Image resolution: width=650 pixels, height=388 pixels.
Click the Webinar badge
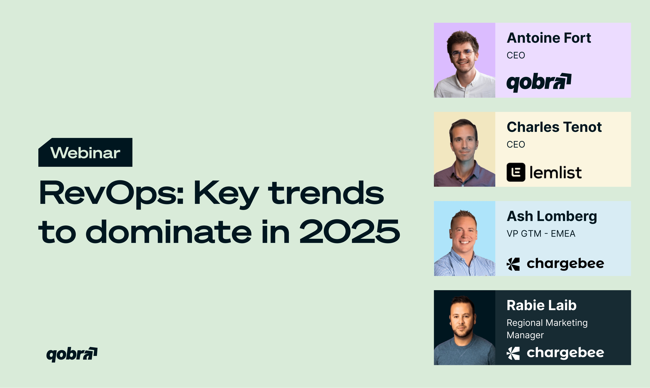pyautogui.click(x=85, y=152)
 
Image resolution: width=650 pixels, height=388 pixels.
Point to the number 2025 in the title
pyautogui.click(x=350, y=231)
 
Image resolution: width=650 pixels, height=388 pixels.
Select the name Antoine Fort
pyautogui.click(x=549, y=38)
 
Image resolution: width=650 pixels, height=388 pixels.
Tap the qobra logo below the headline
pyautogui.click(x=72, y=355)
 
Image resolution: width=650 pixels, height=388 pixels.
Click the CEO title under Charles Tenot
pyautogui.click(x=516, y=144)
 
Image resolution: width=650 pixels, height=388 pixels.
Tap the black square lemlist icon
pyautogui.click(x=516, y=172)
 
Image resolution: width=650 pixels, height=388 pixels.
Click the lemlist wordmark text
pyautogui.click(x=556, y=173)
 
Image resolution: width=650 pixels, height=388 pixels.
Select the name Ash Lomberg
pyautogui.click(x=552, y=216)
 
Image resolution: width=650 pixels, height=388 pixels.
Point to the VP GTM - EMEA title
pyautogui.click(x=541, y=234)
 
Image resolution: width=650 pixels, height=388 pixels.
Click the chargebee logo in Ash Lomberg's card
pyautogui.click(x=555, y=264)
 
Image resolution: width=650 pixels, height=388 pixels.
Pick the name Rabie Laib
pyautogui.click(x=542, y=305)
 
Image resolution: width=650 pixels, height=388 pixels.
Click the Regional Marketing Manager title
pyautogui.click(x=547, y=329)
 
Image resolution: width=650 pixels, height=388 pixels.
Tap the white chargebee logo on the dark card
pyautogui.click(x=555, y=353)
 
